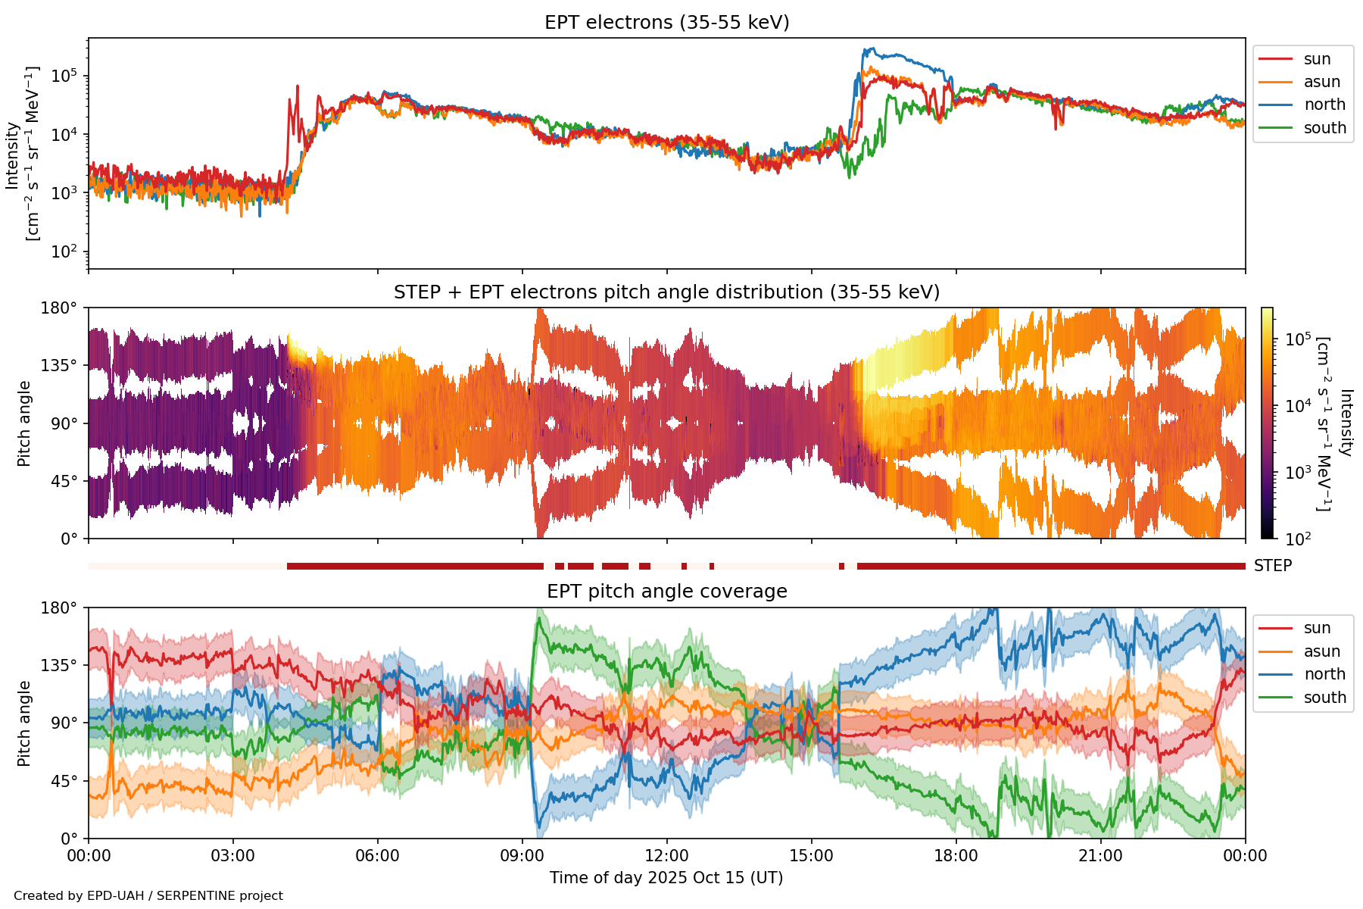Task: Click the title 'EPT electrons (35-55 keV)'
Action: tap(666, 23)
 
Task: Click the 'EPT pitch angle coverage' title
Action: tap(666, 592)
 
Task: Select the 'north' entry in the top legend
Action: tap(1324, 105)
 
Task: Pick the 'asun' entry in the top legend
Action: tap(1321, 82)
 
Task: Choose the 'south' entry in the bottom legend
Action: tap(1324, 698)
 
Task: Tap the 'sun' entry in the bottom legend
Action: tap(1317, 628)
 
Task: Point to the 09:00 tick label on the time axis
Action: tap(522, 856)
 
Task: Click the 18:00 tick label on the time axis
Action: tap(956, 856)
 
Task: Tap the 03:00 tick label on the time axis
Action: tap(233, 856)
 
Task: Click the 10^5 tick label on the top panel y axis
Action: tap(65, 77)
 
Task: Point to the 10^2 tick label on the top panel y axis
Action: tap(65, 251)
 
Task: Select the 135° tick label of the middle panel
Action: tap(60, 366)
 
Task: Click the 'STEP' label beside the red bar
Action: tap(1272, 566)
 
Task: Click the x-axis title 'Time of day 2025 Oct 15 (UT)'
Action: tap(666, 878)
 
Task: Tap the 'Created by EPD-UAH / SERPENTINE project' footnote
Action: tap(148, 896)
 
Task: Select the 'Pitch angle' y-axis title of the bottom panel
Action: tap(24, 723)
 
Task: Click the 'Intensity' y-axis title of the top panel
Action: tap(13, 155)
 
